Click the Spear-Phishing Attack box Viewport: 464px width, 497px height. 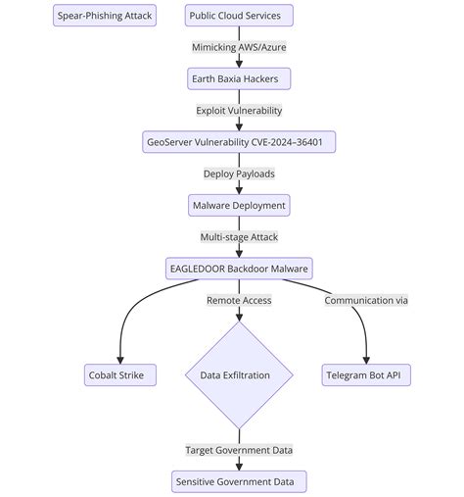tap(104, 16)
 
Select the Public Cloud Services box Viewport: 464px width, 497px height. tap(239, 16)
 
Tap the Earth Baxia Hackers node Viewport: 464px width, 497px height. tap(239, 78)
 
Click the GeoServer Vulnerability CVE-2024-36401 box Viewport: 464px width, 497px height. tap(239, 142)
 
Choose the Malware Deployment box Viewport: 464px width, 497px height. tap(239, 205)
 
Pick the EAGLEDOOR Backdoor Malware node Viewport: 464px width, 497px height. tap(239, 269)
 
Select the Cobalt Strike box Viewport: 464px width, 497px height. tap(120, 374)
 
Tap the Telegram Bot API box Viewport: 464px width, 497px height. tap(366, 374)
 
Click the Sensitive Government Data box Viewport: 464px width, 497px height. tap(239, 481)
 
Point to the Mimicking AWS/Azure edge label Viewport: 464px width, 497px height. tap(239, 47)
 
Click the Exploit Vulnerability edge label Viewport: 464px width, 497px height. tap(239, 111)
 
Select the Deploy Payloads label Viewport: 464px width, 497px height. tap(239, 174)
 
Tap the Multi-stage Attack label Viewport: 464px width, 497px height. tap(239, 237)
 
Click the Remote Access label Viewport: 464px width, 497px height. tap(239, 300)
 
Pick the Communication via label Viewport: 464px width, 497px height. tap(366, 300)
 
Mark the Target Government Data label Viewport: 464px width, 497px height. tap(239, 450)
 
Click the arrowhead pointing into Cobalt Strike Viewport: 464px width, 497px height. tap(120, 359)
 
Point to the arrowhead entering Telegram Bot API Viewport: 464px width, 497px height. tap(366, 359)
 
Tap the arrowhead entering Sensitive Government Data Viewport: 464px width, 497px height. tap(239, 466)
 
